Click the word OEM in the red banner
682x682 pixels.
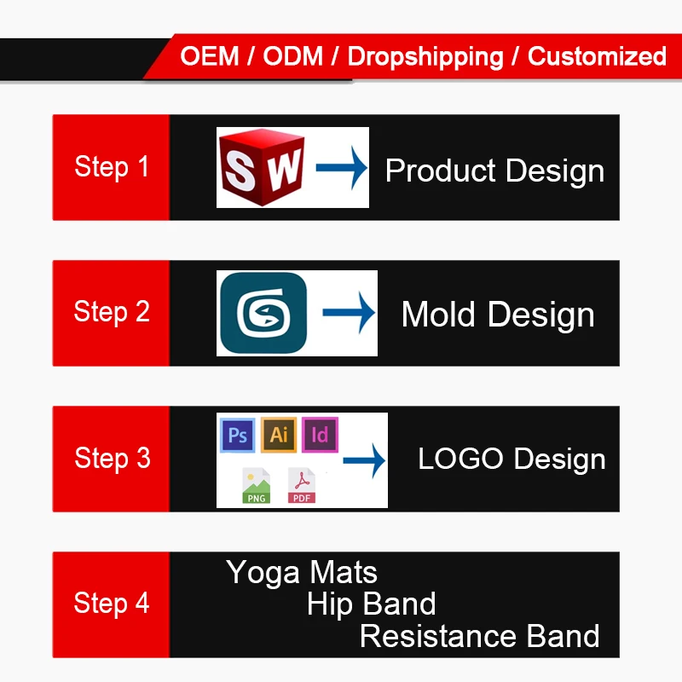(x=210, y=56)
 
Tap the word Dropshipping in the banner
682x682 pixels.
(x=425, y=57)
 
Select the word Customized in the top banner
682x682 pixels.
(x=598, y=56)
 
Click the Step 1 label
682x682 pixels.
(x=112, y=167)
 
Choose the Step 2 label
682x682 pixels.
(x=112, y=312)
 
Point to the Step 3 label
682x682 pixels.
(x=113, y=458)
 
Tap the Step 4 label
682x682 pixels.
(x=112, y=604)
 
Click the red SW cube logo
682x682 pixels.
(x=262, y=167)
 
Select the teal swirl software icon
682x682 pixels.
(x=263, y=313)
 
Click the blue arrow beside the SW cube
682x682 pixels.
(x=342, y=168)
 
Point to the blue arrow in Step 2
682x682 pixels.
(x=349, y=312)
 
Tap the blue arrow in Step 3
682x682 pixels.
(x=364, y=460)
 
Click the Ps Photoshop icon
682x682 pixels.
(x=238, y=435)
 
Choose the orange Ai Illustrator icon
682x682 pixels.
(x=279, y=435)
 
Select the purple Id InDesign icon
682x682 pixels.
(x=321, y=435)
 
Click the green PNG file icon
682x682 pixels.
(x=257, y=485)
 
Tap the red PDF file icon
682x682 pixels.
(x=302, y=485)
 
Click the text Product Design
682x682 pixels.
(x=495, y=171)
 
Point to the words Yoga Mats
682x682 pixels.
(x=302, y=573)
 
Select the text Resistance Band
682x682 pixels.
(x=480, y=636)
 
